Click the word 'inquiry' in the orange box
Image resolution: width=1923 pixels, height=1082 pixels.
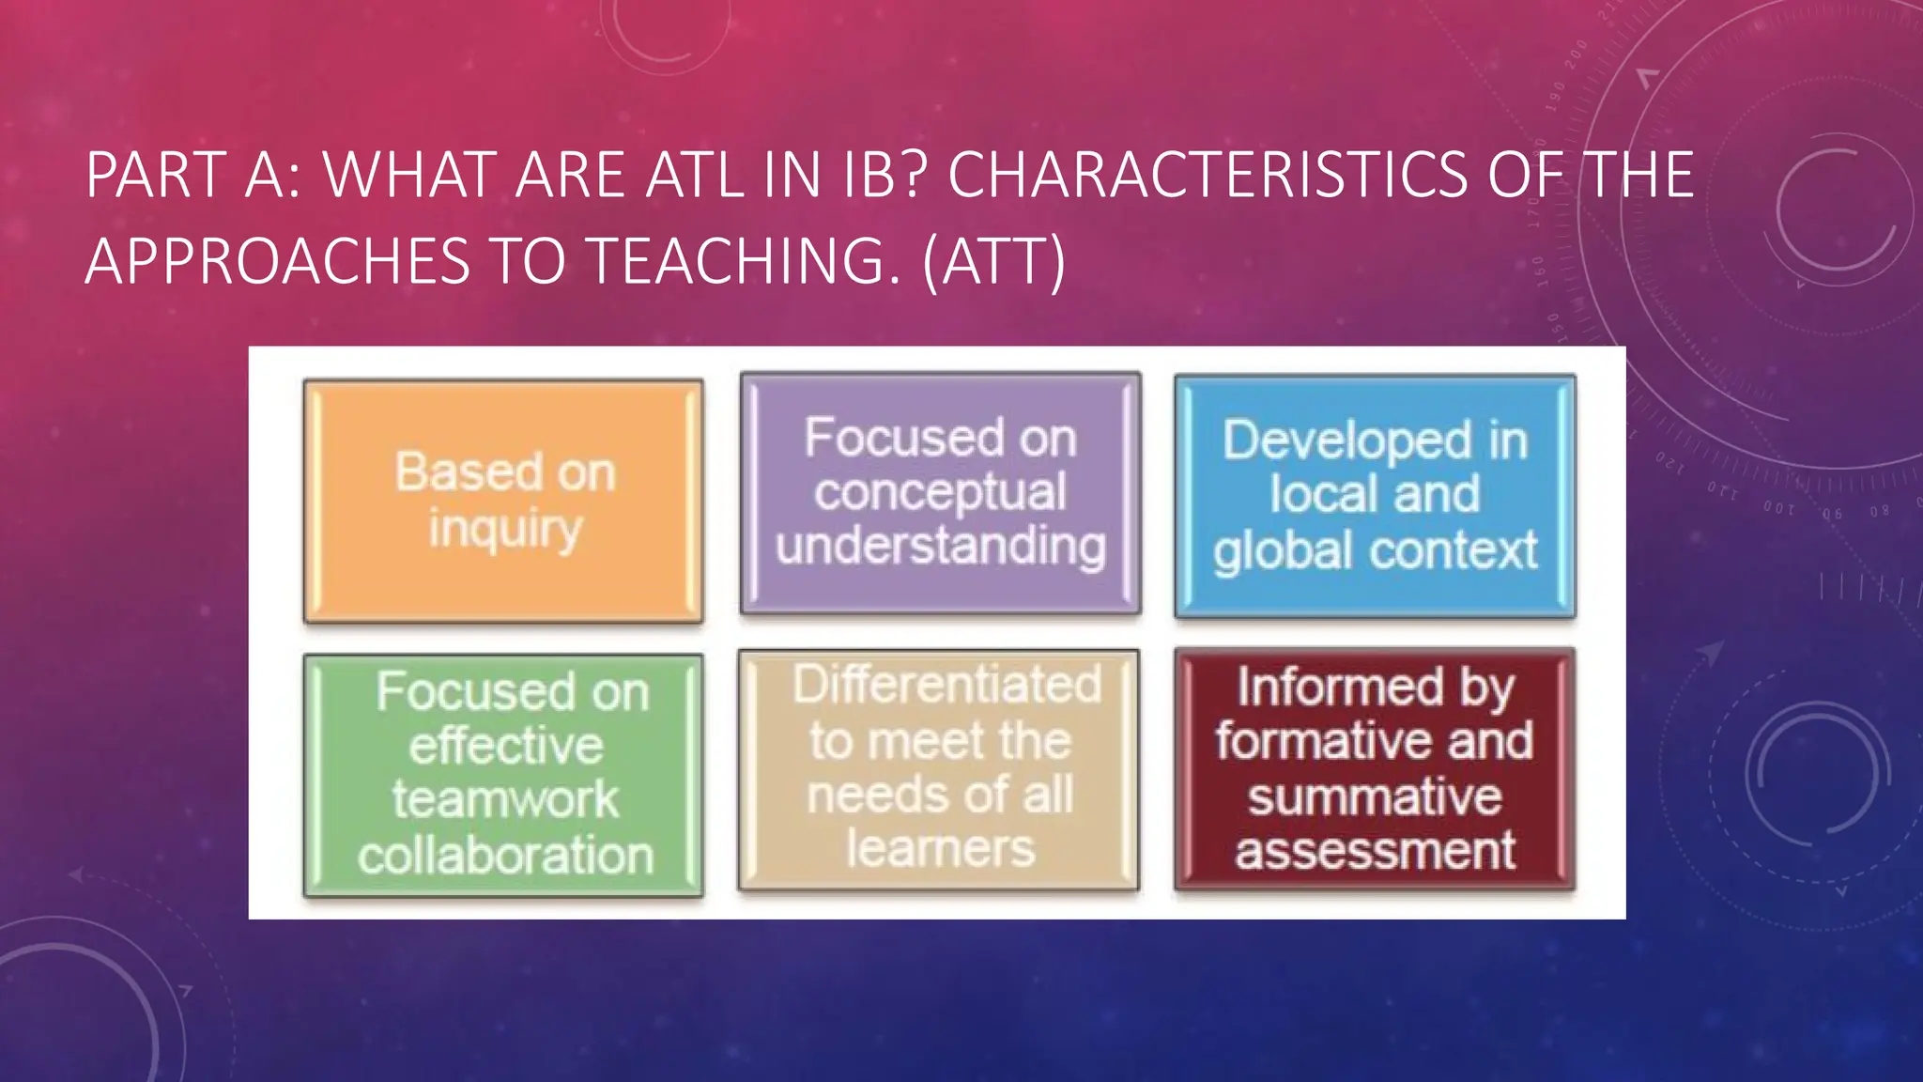505,529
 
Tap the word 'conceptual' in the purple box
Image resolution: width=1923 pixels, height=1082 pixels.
940,492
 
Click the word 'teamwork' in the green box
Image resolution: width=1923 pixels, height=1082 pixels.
505,799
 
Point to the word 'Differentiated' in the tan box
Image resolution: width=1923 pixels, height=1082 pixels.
946,684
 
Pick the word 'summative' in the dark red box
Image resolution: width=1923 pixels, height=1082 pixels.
1375,796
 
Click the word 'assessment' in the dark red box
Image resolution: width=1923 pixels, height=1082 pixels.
1375,850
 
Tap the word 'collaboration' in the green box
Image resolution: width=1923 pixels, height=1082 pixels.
505,855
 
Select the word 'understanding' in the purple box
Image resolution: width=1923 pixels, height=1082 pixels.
940,546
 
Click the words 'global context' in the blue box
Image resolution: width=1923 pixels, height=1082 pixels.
1375,550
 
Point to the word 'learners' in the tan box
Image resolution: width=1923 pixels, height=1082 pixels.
940,848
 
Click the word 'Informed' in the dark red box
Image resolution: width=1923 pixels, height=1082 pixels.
1340,687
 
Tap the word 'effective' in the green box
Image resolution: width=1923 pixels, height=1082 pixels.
505,746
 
